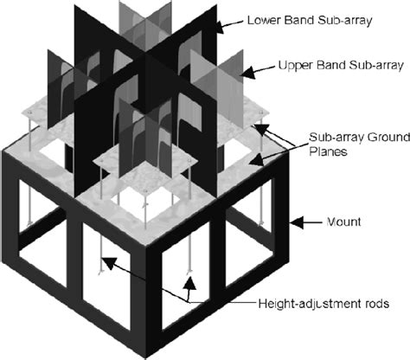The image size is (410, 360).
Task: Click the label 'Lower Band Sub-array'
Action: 310,21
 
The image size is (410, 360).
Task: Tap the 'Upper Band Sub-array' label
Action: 341,65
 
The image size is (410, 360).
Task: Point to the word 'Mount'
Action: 343,222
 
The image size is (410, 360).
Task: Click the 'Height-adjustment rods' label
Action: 324,304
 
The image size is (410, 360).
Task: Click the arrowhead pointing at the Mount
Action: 297,222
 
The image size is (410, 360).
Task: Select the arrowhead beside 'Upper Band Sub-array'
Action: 247,72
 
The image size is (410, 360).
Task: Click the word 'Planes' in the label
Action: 328,151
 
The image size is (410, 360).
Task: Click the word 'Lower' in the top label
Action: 264,20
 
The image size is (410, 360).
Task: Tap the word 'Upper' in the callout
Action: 295,66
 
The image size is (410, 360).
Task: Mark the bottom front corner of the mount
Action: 145,358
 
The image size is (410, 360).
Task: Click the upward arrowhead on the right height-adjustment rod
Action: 189,283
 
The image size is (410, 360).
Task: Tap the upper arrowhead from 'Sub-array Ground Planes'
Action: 261,130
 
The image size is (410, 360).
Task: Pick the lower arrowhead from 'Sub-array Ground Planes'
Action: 256,159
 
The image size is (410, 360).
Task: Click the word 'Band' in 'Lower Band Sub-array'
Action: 299,20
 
